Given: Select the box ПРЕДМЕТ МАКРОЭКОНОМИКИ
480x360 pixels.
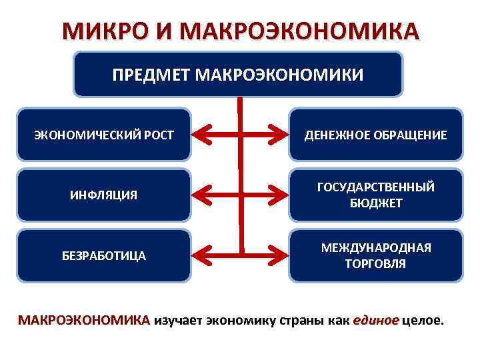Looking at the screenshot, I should (238, 74).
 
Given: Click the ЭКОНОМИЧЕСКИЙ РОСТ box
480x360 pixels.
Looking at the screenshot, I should (104, 135).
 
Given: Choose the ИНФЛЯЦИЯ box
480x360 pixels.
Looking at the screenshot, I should (104, 195).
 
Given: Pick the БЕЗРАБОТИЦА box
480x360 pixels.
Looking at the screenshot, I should (104, 255).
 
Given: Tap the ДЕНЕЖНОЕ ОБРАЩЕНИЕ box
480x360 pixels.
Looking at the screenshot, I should (375, 135).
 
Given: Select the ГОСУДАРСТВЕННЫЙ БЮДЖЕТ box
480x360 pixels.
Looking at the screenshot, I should (375, 195).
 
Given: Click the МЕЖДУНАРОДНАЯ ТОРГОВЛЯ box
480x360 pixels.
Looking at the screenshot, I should (375, 255).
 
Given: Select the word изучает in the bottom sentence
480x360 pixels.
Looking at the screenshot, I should (179, 320).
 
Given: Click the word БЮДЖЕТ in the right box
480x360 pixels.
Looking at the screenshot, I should (375, 203).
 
